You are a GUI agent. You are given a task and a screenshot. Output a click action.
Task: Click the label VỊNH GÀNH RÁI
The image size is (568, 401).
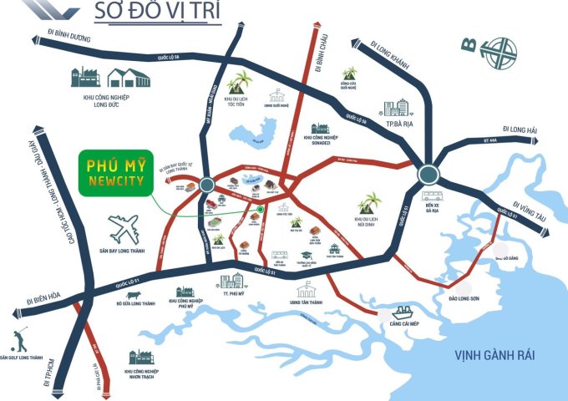coord(495,356)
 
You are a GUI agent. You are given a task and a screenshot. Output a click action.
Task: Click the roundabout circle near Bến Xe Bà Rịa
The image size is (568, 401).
coord(428,175)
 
